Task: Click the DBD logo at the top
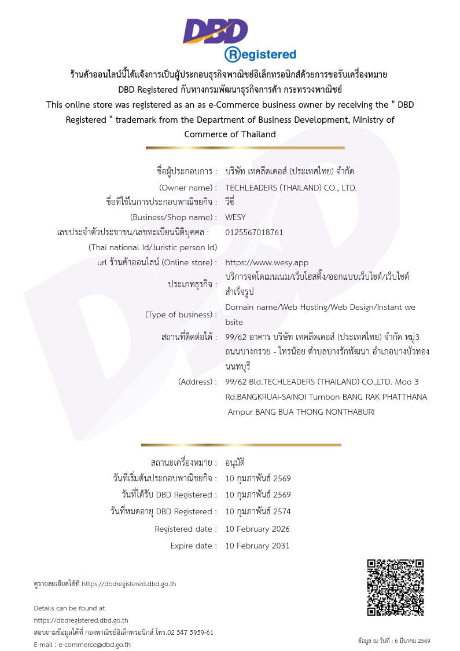215,31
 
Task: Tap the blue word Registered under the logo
260,54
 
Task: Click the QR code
396,587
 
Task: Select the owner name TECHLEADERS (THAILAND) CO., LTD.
290,188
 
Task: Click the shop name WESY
235,218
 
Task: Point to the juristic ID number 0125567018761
254,232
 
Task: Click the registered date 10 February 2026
257,529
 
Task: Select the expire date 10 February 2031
257,546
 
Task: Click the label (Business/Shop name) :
174,218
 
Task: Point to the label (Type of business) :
181,314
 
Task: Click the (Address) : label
197,382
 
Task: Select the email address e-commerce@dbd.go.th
94,645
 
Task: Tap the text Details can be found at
69,608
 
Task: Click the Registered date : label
186,529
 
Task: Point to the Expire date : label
193,546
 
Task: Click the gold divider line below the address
241,445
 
